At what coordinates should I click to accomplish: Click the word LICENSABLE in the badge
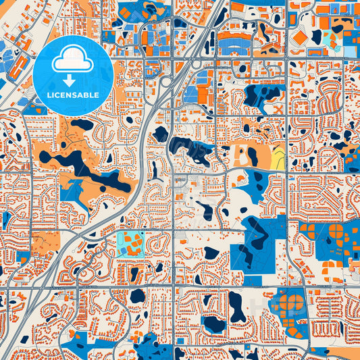(x=73, y=95)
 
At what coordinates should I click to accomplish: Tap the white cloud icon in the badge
(x=72, y=61)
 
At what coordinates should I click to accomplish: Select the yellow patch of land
(x=278, y=157)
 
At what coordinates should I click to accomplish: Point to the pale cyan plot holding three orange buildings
(x=130, y=241)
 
